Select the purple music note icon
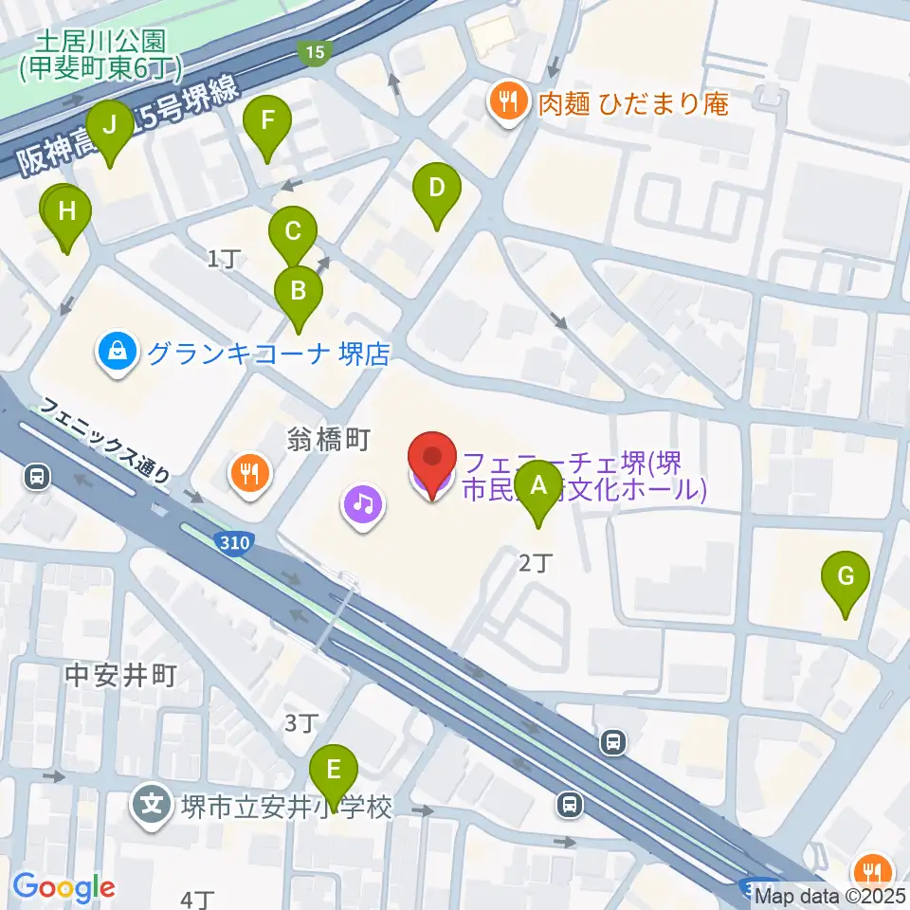click(363, 502)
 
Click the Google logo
click(64, 887)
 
